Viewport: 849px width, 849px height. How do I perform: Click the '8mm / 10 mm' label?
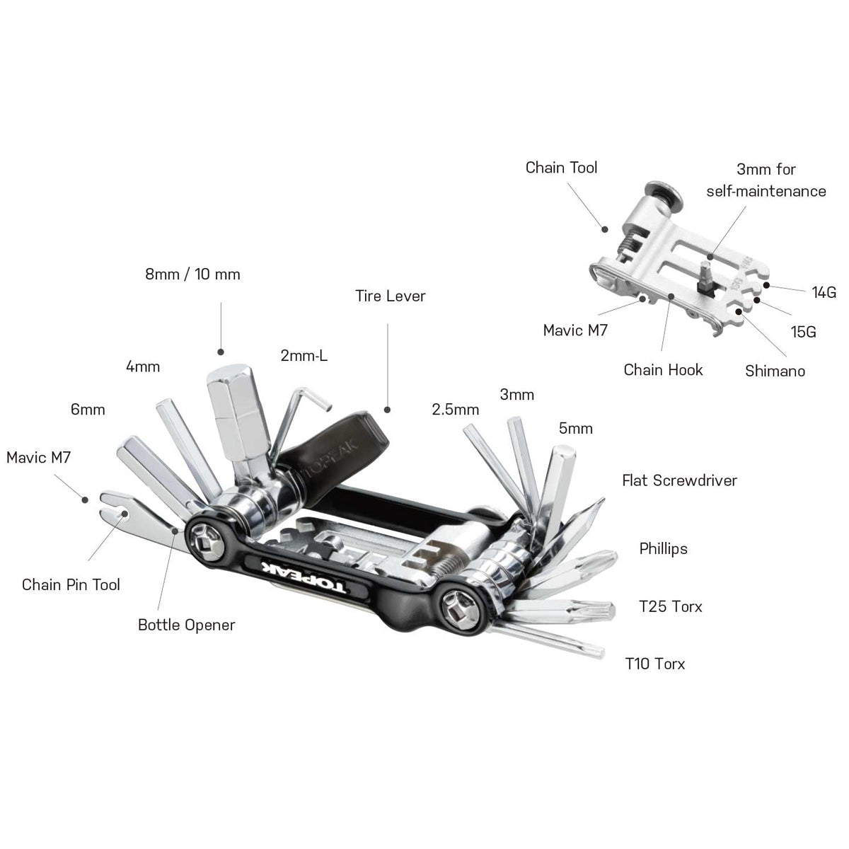pos(192,275)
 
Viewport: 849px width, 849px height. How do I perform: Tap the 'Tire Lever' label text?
pos(390,296)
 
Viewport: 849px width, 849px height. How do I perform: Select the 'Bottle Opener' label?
pos(186,625)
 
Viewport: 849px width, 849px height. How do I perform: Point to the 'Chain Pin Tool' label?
pos(71,584)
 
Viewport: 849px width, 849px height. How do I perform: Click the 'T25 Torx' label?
pos(670,606)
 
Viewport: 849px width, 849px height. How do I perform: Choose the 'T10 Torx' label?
pos(655,664)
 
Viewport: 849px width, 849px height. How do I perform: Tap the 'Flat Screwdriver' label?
pos(679,480)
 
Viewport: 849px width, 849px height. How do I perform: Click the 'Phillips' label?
pos(663,548)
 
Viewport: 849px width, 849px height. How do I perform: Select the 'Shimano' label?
pos(775,371)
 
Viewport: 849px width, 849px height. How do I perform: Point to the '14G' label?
pos(824,291)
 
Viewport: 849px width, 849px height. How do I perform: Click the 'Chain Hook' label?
pos(663,369)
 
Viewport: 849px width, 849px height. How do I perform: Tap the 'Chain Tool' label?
pos(561,168)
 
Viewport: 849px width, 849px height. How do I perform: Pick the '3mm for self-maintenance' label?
pos(766,180)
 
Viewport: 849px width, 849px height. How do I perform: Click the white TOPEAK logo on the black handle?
pos(305,578)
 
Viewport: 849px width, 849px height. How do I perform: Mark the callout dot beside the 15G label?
pos(758,300)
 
